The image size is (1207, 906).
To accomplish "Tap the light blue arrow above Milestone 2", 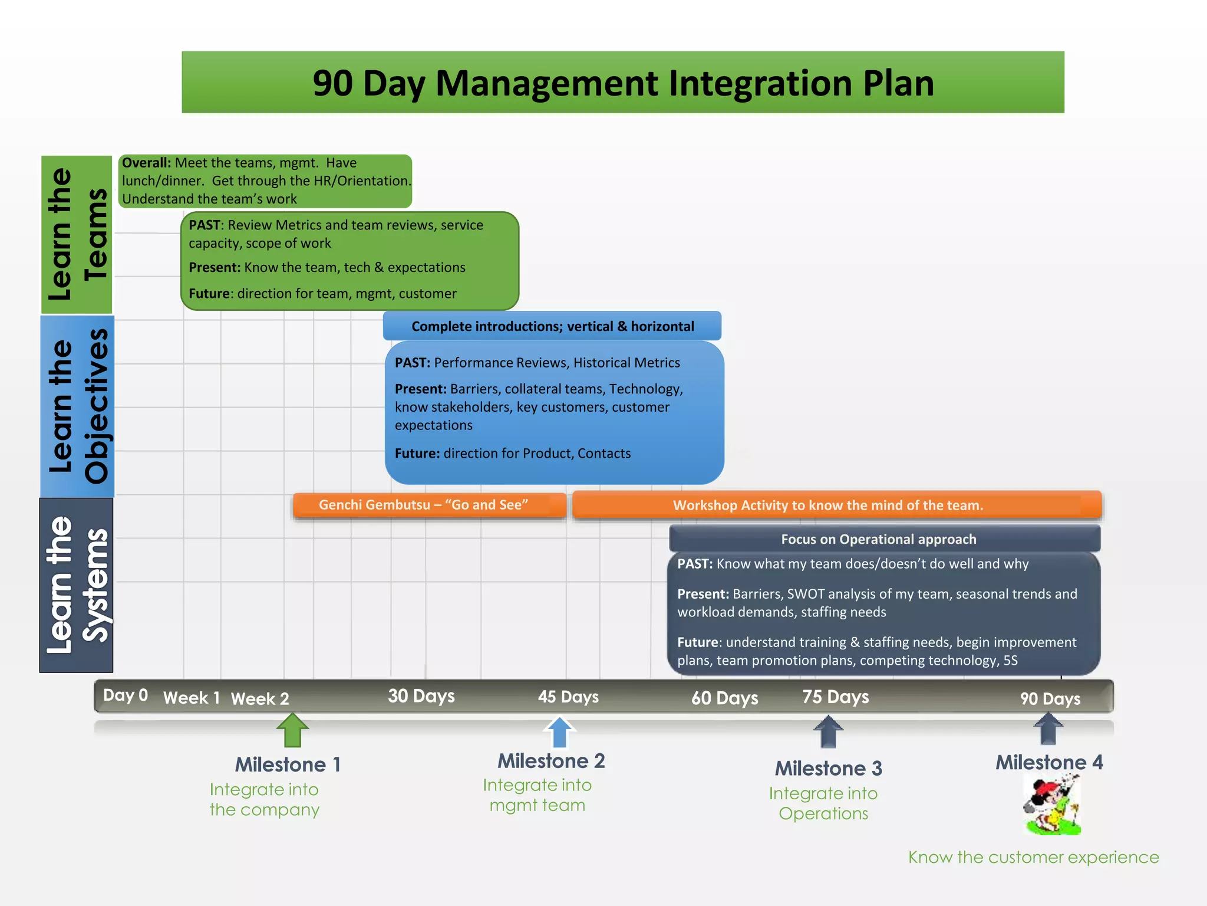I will [559, 732].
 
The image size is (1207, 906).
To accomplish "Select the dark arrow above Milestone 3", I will [828, 732].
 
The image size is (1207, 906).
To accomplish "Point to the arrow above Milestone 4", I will [1048, 729].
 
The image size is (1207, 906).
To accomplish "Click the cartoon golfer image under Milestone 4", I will [1053, 805].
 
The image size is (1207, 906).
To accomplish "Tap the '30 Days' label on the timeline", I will [421, 697].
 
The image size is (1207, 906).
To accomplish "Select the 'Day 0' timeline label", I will [125, 695].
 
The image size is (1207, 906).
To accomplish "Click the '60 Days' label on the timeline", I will [724, 698].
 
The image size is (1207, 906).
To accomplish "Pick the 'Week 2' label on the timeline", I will [260, 699].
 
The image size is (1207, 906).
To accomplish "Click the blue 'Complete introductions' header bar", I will [552, 326].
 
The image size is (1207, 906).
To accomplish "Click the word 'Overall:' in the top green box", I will [146, 163].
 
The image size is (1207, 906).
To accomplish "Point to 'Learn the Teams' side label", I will [77, 234].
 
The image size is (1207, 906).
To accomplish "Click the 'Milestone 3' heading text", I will [828, 769].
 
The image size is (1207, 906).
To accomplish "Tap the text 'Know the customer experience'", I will [1033, 857].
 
